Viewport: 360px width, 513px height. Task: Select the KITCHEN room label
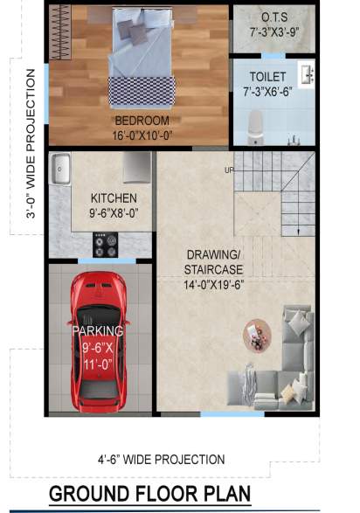pyautogui.click(x=114, y=198)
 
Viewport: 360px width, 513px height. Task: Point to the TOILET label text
pyautogui.click(x=267, y=77)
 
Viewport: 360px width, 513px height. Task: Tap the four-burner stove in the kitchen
pyautogui.click(x=106, y=246)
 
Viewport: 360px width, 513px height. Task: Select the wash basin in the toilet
pyautogui.click(x=306, y=75)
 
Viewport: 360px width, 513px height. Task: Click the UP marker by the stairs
pyautogui.click(x=229, y=170)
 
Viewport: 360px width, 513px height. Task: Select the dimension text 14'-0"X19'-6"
pyautogui.click(x=214, y=284)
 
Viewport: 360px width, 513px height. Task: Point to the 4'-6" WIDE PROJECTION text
pyautogui.click(x=161, y=459)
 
